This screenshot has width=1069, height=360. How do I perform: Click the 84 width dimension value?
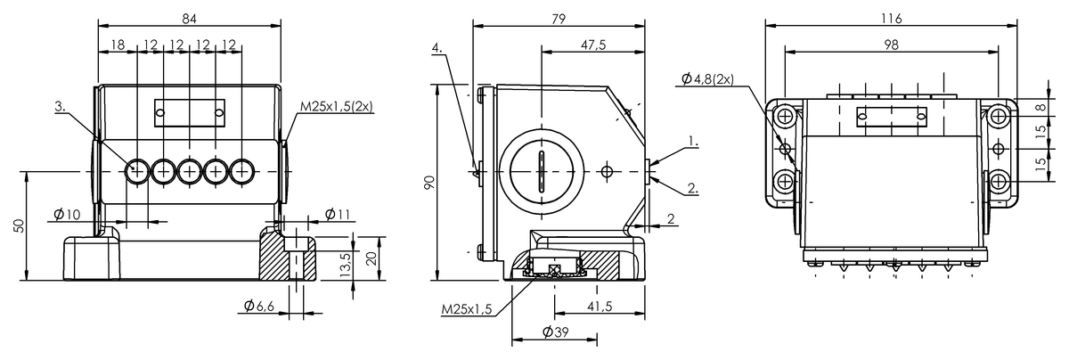tap(190, 18)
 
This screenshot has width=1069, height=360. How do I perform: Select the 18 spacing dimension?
tap(118, 45)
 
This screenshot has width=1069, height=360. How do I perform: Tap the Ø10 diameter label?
tap(68, 215)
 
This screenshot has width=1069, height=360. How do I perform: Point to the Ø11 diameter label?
tap(338, 215)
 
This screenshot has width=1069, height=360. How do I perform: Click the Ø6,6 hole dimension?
tap(259, 306)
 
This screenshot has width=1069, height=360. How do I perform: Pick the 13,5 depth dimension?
tap(346, 265)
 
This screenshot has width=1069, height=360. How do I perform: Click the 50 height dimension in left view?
tap(19, 225)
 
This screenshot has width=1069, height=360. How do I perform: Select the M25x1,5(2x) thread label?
tap(336, 106)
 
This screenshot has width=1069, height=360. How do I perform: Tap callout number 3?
tap(61, 106)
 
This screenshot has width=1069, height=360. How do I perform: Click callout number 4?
tap(437, 48)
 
